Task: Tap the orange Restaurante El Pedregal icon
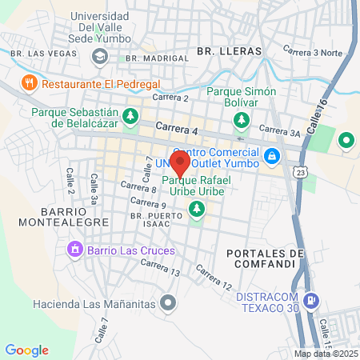(x=29, y=82)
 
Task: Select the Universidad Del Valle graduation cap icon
(x=99, y=56)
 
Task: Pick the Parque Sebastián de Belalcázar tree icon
(x=130, y=118)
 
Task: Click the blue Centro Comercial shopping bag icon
(x=272, y=155)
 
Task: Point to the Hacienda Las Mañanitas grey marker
(x=168, y=302)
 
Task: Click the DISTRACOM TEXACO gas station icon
(x=312, y=302)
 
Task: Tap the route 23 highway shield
(x=299, y=171)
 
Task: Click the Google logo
(x=26, y=350)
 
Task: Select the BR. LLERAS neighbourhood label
(x=229, y=51)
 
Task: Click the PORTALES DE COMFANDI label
(x=266, y=260)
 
